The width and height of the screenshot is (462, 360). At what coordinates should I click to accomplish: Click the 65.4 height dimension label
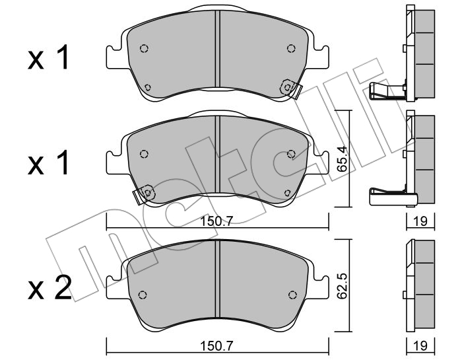[343, 159]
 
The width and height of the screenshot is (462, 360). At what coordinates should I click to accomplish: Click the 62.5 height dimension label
[343, 287]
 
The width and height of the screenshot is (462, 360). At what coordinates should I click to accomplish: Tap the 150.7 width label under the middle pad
[217, 221]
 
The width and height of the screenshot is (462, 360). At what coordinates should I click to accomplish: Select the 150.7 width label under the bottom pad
[217, 345]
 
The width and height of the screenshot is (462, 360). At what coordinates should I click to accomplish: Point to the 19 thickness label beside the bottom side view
[420, 345]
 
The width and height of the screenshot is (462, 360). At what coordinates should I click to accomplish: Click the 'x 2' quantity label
[49, 289]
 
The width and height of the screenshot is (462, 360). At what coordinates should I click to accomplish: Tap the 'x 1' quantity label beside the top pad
[48, 57]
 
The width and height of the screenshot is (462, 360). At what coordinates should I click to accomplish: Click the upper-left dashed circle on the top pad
[144, 48]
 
